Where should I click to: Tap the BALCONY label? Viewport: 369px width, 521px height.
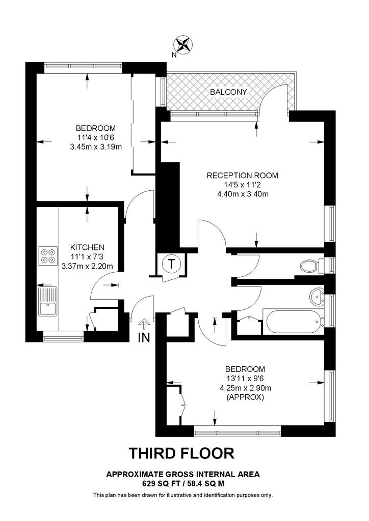pos(228,92)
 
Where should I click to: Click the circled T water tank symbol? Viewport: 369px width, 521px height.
pos(171,264)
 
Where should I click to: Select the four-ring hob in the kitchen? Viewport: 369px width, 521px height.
pos(48,256)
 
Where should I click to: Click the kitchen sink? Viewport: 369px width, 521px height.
pos(48,301)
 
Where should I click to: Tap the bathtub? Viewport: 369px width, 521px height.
pos(293,322)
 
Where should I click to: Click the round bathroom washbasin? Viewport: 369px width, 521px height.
pos(318,296)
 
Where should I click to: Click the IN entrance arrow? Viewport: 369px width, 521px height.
pos(144,323)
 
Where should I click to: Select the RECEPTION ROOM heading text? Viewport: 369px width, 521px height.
pos(242,176)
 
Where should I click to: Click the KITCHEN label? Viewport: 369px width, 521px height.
pos(87,247)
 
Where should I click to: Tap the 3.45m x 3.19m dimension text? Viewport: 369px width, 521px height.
pos(96,147)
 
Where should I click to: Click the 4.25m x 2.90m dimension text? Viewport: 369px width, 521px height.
pos(245,388)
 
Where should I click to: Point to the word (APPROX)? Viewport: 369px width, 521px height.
pos(245,397)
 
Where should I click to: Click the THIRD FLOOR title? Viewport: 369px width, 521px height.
pos(181,453)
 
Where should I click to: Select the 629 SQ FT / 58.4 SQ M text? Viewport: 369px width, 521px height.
pos(182,484)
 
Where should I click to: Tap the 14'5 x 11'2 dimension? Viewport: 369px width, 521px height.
pos(243,185)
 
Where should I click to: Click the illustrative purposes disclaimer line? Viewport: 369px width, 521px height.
pos(183,495)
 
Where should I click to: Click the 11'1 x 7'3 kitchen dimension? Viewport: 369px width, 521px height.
pos(87,256)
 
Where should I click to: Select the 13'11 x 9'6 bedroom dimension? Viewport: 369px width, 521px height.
pos(245,379)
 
